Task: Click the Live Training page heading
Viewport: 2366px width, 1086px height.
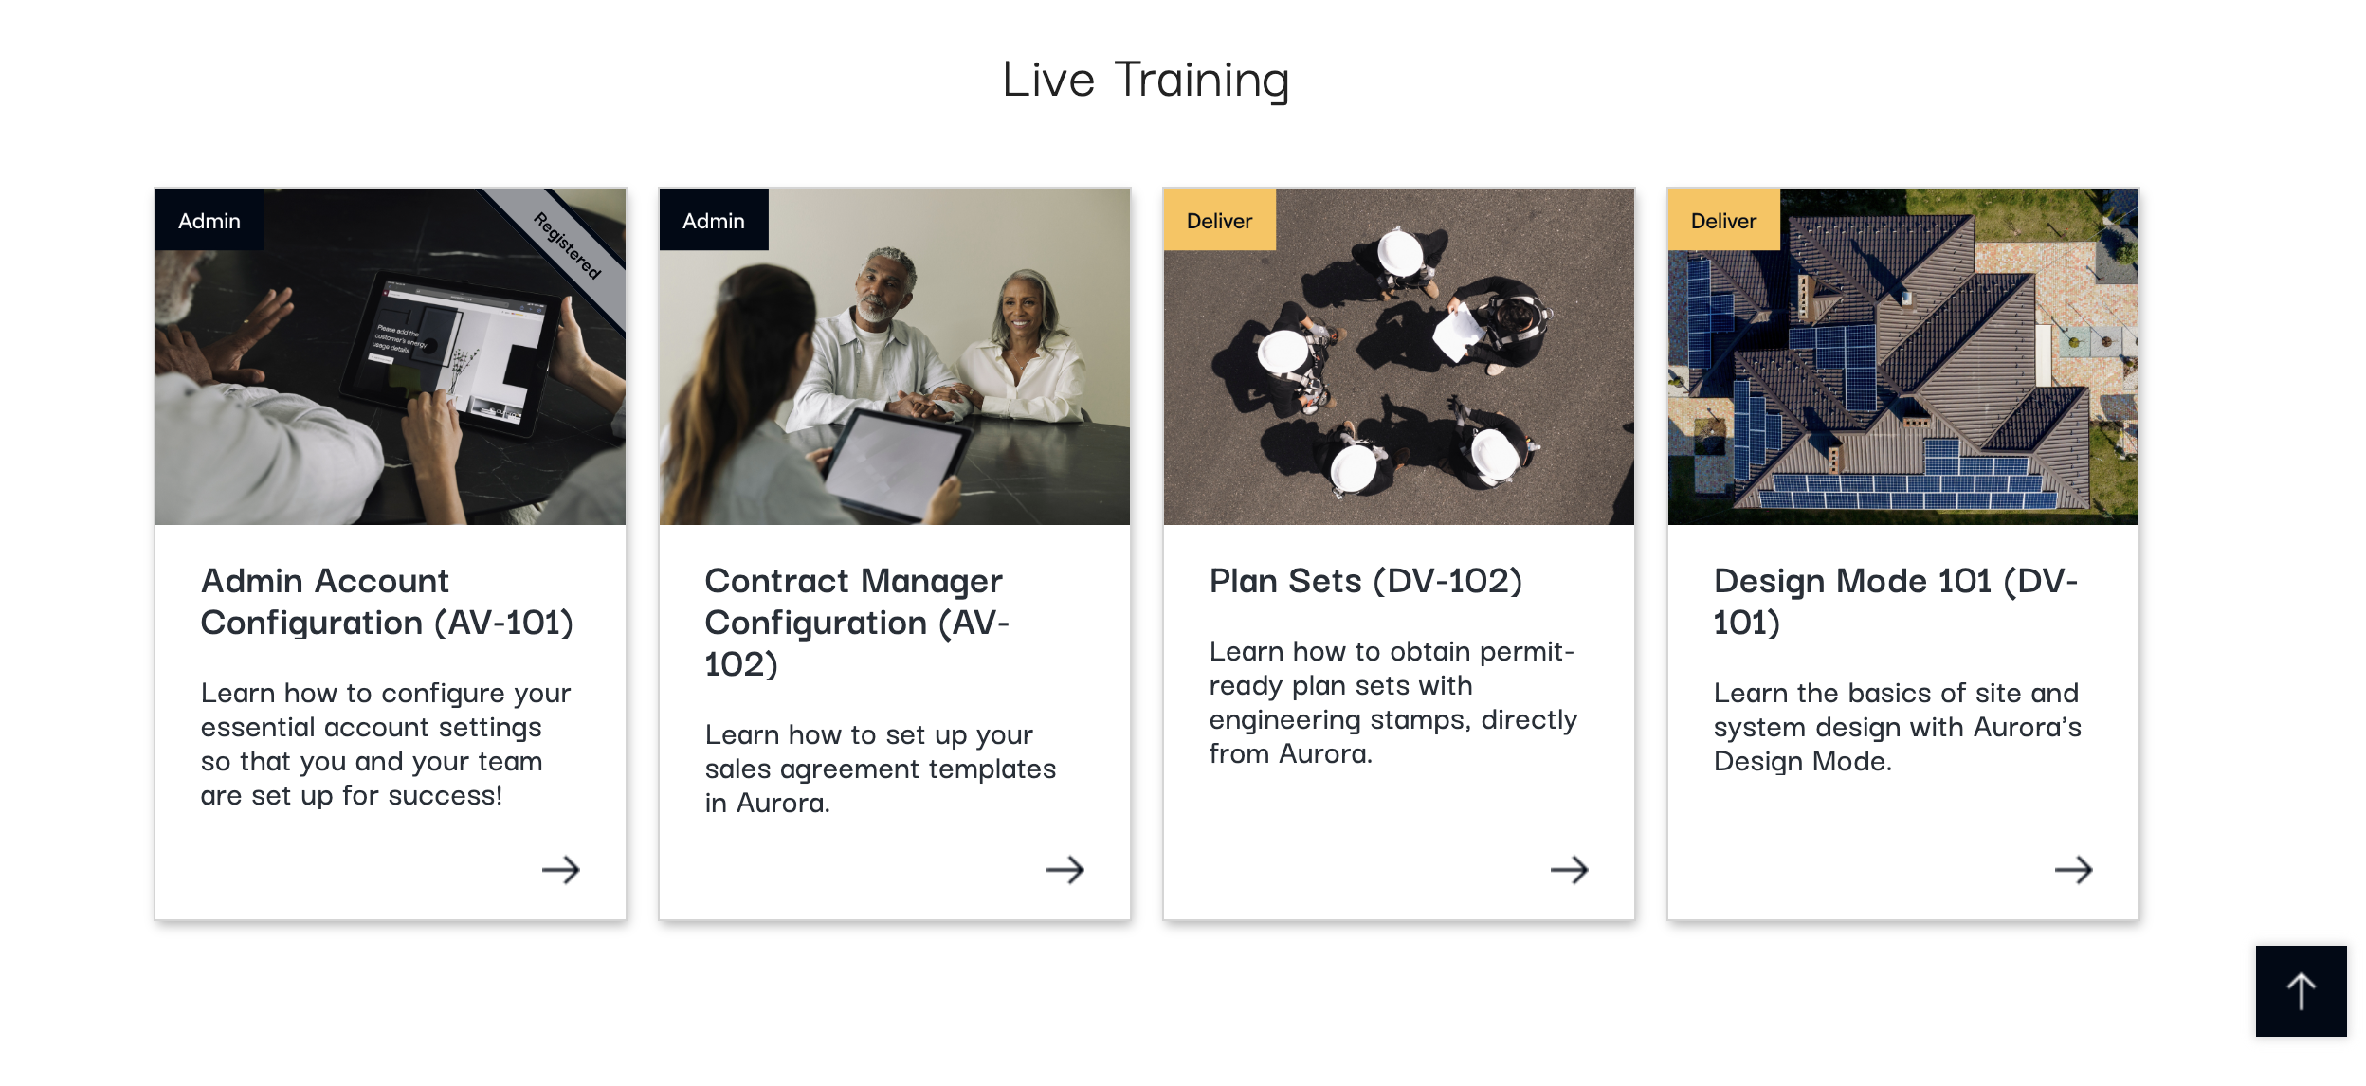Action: (x=1146, y=81)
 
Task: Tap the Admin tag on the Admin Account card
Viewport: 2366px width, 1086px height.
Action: (x=209, y=220)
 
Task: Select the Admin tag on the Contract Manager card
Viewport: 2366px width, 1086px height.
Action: (x=714, y=220)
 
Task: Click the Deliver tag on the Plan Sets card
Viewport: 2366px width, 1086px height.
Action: (x=1219, y=220)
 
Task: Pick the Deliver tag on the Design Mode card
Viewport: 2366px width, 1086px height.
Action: (x=1723, y=220)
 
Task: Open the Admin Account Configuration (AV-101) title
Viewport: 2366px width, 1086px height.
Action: (x=387, y=602)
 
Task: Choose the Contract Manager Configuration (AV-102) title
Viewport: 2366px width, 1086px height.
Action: (x=857, y=622)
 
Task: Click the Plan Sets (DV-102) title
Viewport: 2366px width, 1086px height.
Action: (x=1366, y=581)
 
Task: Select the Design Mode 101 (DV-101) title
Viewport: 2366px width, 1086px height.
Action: (x=1896, y=602)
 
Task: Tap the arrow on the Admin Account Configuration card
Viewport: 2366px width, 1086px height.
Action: (x=561, y=870)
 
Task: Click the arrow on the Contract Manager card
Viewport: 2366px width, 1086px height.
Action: (x=1065, y=870)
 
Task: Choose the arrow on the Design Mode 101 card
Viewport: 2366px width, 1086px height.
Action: (x=2074, y=870)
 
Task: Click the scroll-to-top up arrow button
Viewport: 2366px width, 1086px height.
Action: (x=2302, y=991)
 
